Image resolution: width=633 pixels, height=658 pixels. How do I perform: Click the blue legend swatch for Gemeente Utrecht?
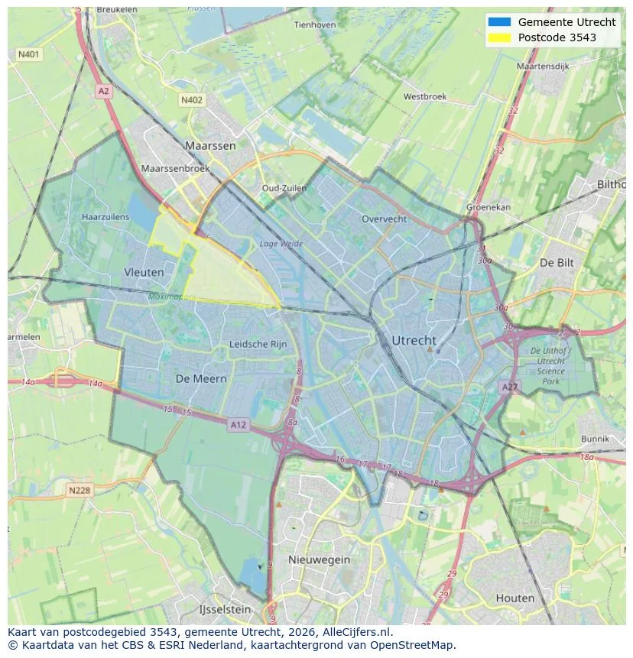coord(498,22)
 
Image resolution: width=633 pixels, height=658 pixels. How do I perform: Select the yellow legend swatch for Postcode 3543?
coord(498,37)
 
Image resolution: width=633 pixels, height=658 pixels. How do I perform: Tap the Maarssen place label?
coord(210,145)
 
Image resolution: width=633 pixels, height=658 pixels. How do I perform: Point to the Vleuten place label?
coord(144,272)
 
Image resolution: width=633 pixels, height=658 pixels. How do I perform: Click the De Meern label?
coord(201,379)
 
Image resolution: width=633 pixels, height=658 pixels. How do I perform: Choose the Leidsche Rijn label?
coord(258,345)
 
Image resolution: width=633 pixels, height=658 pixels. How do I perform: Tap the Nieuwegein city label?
coord(320,560)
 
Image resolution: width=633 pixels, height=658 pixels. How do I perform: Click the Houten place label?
coord(515,598)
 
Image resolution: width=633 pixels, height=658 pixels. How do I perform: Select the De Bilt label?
coord(557,262)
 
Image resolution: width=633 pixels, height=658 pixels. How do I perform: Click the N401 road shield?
coord(28,55)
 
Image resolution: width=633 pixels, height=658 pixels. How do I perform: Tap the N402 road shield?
coord(192,100)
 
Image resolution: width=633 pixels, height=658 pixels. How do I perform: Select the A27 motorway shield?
coord(509,388)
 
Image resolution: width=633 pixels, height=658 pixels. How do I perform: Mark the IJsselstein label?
coord(225,610)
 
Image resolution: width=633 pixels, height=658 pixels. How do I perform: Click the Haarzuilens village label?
coord(105,217)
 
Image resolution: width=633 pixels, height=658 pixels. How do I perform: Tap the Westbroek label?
coord(425,97)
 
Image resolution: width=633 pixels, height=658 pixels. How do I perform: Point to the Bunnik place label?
coord(595,439)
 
